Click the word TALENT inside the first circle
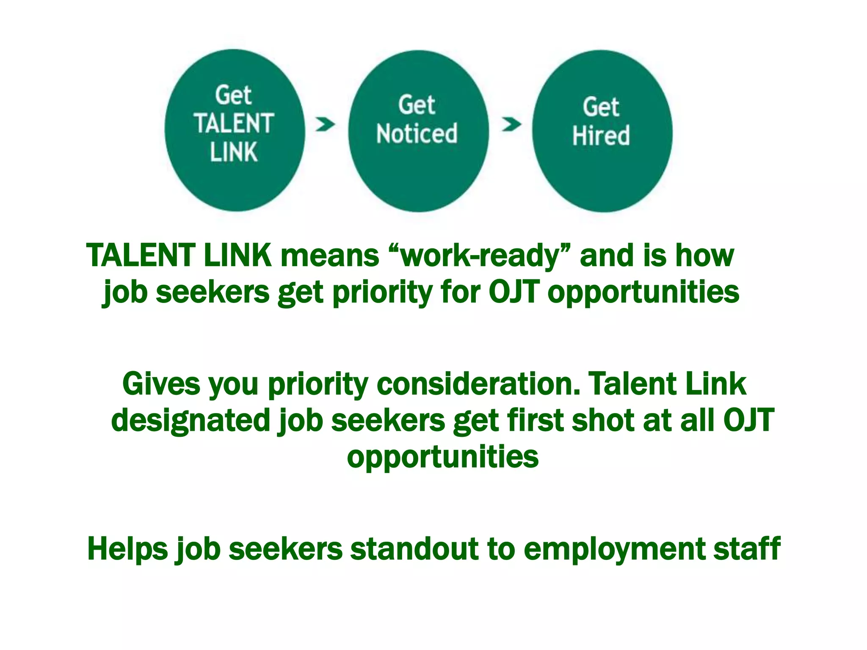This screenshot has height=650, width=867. [234, 124]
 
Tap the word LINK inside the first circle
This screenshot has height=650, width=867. [234, 152]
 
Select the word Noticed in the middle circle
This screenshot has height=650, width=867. [417, 134]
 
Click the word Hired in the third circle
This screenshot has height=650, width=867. [601, 135]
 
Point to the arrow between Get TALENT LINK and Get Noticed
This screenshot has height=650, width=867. [325, 124]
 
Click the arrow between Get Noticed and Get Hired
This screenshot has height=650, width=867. [511, 124]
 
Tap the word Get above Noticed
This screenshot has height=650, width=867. [417, 105]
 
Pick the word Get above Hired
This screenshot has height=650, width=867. [601, 107]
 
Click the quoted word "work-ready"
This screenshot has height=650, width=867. [479, 256]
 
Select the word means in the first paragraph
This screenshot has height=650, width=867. [330, 256]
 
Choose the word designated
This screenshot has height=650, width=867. [191, 421]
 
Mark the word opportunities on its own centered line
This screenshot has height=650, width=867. [443, 457]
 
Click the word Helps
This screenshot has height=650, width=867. [127, 549]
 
